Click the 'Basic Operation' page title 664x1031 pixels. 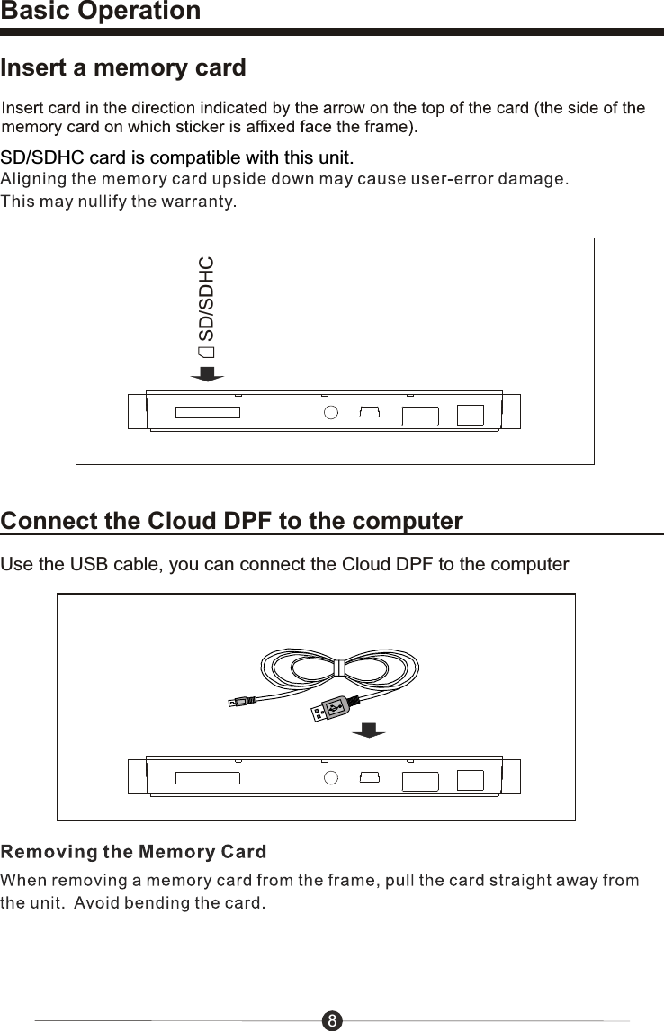point(101,12)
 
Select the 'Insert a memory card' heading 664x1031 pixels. point(123,68)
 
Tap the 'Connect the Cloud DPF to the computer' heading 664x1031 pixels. point(232,522)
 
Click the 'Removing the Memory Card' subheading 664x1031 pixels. point(133,851)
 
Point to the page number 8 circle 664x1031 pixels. point(332,1020)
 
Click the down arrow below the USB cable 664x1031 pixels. point(368,731)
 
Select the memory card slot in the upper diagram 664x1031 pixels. point(208,413)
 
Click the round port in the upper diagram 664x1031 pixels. point(330,413)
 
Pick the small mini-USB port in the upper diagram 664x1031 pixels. point(369,413)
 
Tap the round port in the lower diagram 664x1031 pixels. point(330,778)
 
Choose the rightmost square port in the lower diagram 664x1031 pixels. point(470,779)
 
